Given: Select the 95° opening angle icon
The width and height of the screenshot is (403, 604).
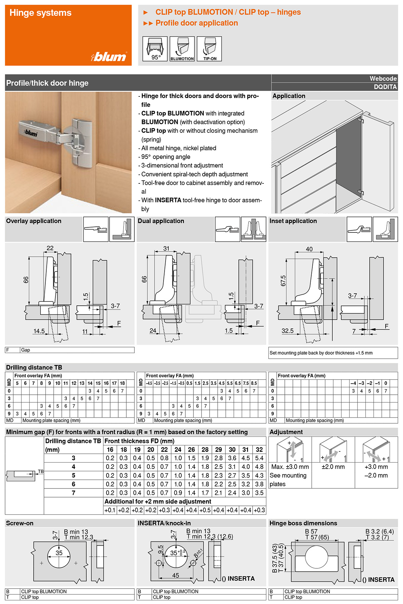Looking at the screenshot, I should [x=155, y=49].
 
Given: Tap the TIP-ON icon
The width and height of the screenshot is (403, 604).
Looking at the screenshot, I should [x=209, y=49].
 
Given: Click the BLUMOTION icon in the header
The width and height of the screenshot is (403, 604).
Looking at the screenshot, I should [x=182, y=49].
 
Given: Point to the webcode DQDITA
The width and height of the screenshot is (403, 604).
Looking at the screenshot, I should [x=385, y=87].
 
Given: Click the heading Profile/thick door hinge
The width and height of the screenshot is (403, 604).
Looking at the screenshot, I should [x=47, y=83].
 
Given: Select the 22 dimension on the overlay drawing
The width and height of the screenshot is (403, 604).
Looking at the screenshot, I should [x=50, y=248].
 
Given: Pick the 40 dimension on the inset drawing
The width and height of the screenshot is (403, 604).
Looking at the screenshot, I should [x=309, y=249].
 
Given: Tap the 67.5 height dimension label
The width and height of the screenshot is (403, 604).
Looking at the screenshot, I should [x=283, y=281].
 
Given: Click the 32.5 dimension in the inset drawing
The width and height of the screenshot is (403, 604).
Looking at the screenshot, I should [x=287, y=331].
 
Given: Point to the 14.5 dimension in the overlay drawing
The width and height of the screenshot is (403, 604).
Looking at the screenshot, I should [x=39, y=331].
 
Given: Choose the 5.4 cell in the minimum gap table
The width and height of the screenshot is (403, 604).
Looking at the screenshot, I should [x=259, y=458].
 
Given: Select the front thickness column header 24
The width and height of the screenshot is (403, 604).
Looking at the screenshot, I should [x=178, y=449].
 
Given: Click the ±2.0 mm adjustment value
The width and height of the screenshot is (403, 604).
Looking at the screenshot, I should [x=333, y=467].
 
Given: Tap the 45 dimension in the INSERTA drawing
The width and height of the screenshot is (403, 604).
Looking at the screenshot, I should [x=175, y=575].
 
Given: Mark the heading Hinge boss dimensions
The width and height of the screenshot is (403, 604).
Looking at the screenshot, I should [x=303, y=523].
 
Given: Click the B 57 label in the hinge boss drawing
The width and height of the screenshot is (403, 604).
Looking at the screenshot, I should [x=311, y=531].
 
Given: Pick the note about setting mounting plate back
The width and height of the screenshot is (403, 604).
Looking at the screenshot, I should [x=321, y=353].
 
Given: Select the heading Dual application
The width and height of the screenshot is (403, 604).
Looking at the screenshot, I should [x=161, y=221].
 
